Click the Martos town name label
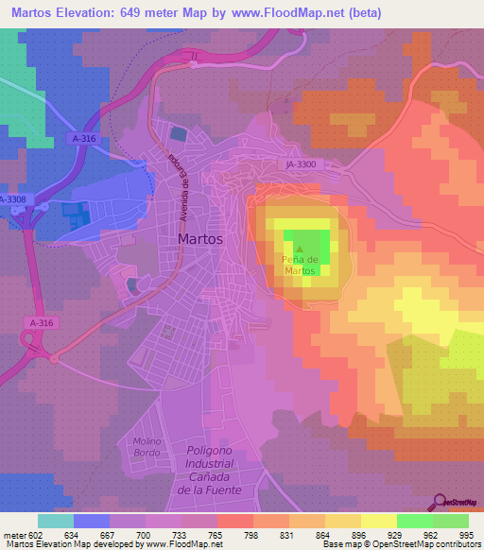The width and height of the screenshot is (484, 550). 200,239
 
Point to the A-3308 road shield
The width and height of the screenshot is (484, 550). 12,200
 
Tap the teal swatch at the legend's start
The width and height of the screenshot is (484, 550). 56,521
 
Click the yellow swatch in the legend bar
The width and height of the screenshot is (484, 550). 378,521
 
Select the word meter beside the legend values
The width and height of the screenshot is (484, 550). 14,535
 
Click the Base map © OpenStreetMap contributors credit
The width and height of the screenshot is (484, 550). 403,544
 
